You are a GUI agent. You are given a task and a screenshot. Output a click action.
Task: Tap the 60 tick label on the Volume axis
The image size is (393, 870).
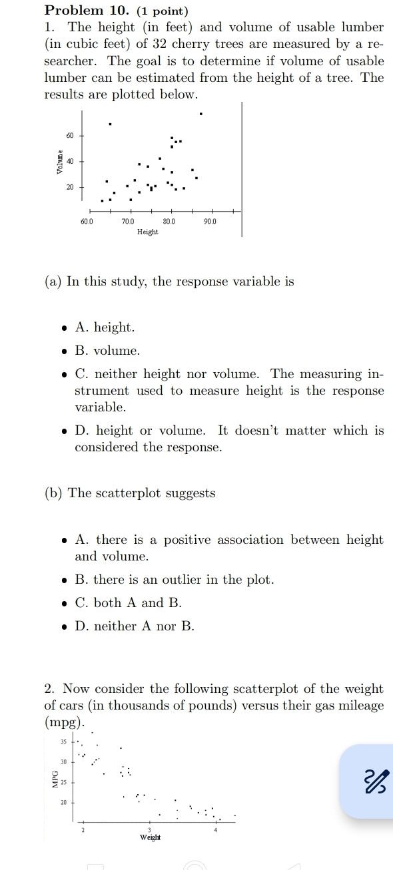click(x=70, y=135)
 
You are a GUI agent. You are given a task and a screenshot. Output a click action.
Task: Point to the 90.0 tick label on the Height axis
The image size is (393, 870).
click(x=210, y=220)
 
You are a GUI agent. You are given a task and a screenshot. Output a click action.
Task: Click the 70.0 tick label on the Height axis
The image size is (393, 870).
click(x=128, y=220)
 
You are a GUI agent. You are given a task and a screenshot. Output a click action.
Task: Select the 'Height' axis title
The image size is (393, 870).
click(x=147, y=232)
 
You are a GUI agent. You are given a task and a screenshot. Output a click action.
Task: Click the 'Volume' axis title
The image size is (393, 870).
click(x=60, y=162)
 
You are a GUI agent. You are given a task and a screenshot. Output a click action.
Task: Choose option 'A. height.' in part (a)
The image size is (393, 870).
click(x=105, y=327)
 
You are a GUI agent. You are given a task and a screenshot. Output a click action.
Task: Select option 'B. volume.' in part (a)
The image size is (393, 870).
click(x=107, y=350)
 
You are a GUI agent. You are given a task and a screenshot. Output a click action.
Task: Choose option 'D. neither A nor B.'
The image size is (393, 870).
click(x=135, y=626)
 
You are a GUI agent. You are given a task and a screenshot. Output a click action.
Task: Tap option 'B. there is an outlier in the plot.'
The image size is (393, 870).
click(x=175, y=579)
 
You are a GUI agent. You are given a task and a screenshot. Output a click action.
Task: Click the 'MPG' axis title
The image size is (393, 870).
click(x=55, y=777)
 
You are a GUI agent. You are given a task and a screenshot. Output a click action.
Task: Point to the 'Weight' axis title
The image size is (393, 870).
click(x=150, y=837)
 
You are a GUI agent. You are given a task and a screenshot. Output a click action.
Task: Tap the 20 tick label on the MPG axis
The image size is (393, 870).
click(x=65, y=803)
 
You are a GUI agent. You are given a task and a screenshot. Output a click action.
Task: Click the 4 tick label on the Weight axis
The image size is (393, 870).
click(x=216, y=829)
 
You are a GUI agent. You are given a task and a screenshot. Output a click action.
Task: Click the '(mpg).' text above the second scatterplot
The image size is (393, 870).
click(x=66, y=722)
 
